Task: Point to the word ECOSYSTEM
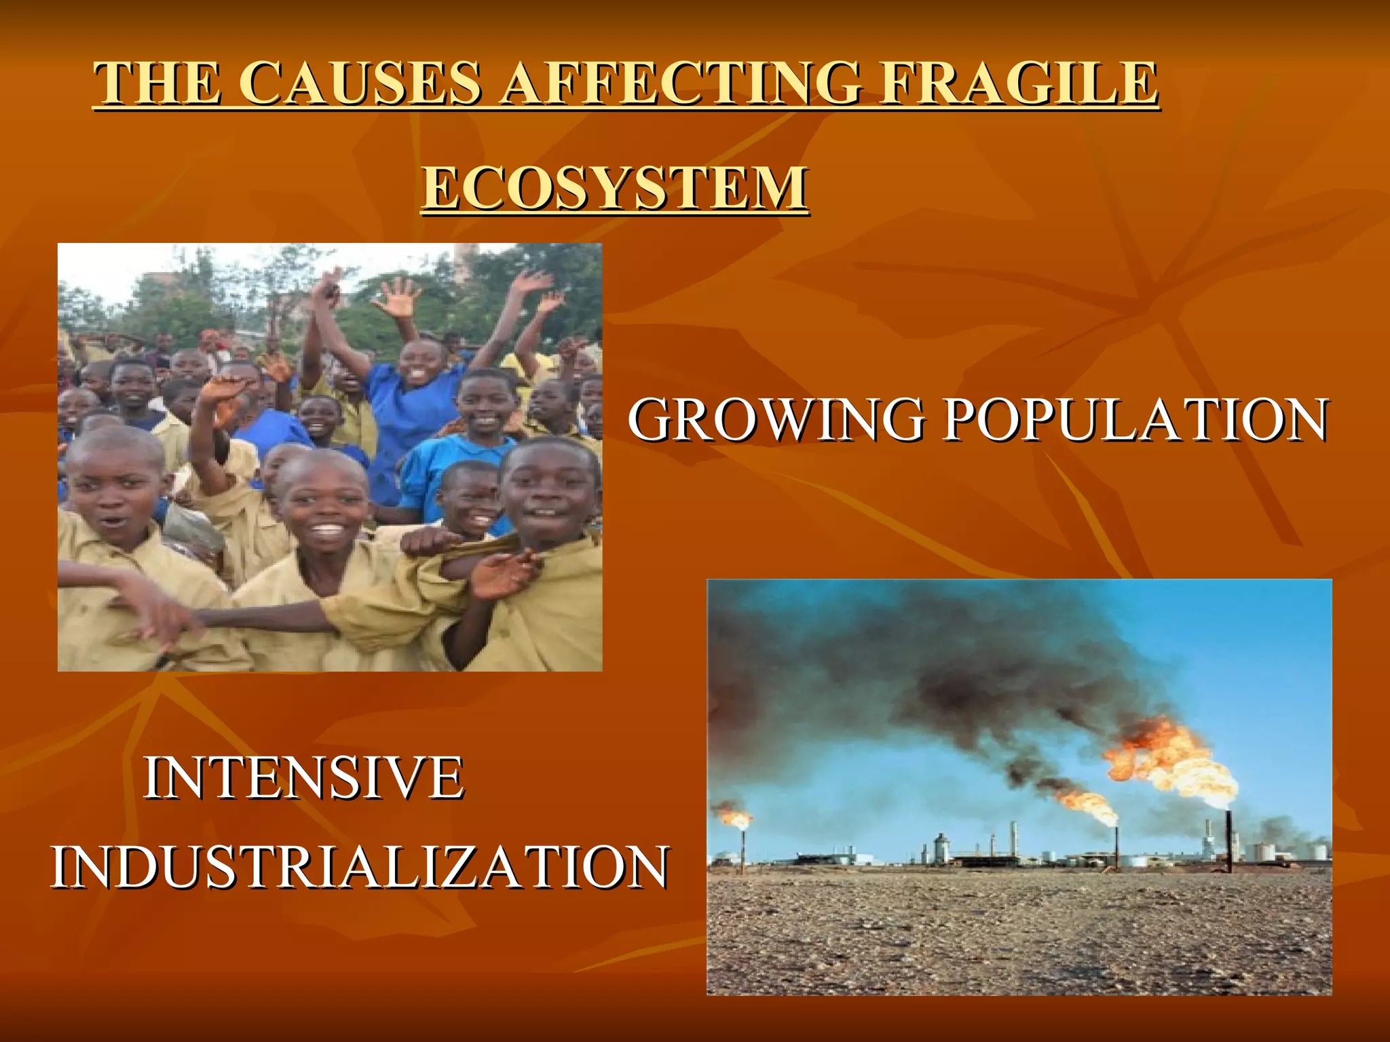pos(615,187)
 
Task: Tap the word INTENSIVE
pos(303,777)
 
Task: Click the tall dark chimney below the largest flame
pos(1228,841)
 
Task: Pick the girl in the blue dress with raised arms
pos(414,393)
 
